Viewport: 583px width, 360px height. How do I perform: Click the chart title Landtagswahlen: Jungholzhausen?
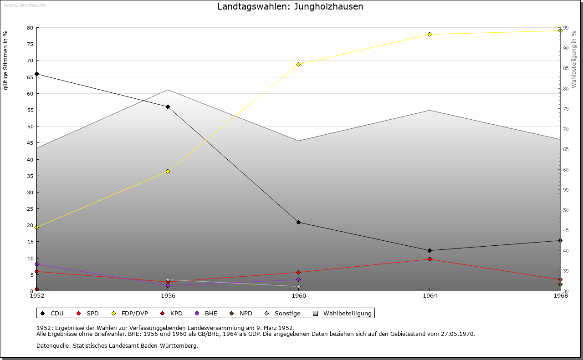point(290,7)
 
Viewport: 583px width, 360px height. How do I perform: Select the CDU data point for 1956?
point(168,107)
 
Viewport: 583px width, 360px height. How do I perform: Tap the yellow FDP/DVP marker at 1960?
point(298,65)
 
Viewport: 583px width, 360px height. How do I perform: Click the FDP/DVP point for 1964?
point(430,35)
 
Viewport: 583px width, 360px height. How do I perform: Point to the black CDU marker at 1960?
point(298,223)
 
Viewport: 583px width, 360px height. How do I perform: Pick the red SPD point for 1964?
point(430,259)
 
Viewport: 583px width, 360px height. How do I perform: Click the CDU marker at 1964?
point(430,251)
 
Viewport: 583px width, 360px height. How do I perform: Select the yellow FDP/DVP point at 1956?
point(168,172)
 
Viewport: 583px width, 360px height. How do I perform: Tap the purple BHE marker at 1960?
point(298,280)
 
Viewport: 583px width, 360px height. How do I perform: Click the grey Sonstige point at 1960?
point(298,287)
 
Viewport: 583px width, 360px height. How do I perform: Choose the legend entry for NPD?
point(241,314)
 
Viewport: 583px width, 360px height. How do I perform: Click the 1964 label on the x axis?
point(430,296)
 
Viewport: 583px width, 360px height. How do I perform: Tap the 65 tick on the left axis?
point(30,77)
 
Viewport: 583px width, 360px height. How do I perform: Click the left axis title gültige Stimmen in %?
point(6,61)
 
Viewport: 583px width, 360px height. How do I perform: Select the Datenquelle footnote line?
point(117,346)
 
